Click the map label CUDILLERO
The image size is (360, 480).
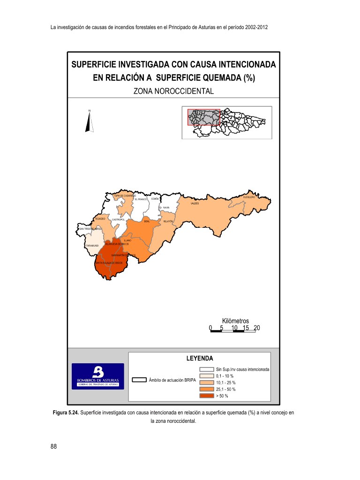pyautogui.click(x=248, y=197)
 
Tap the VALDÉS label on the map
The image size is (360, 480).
pyautogui.click(x=195, y=204)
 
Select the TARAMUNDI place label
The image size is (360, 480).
pyautogui.click(x=92, y=245)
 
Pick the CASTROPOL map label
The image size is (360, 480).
pyautogui.click(x=118, y=219)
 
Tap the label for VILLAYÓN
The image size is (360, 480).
pyautogui.click(x=168, y=221)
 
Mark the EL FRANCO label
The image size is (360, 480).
pyautogui.click(x=141, y=199)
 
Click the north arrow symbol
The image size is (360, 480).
pyautogui.click(x=89, y=123)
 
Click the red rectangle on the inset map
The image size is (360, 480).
pyautogui.click(x=203, y=117)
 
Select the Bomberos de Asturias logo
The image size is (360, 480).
pyautogui.click(x=97, y=376)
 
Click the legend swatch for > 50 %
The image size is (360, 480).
pyautogui.click(x=207, y=396)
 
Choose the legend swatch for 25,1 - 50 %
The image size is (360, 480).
pyautogui.click(x=207, y=389)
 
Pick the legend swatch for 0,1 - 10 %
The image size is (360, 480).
pyautogui.click(x=207, y=376)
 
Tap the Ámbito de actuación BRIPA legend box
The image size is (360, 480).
pyautogui.click(x=139, y=380)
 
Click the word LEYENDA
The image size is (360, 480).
pyautogui.click(x=200, y=358)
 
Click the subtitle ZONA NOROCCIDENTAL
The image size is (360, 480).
pyautogui.click(x=173, y=91)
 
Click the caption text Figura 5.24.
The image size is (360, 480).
pyautogui.click(x=65, y=412)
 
